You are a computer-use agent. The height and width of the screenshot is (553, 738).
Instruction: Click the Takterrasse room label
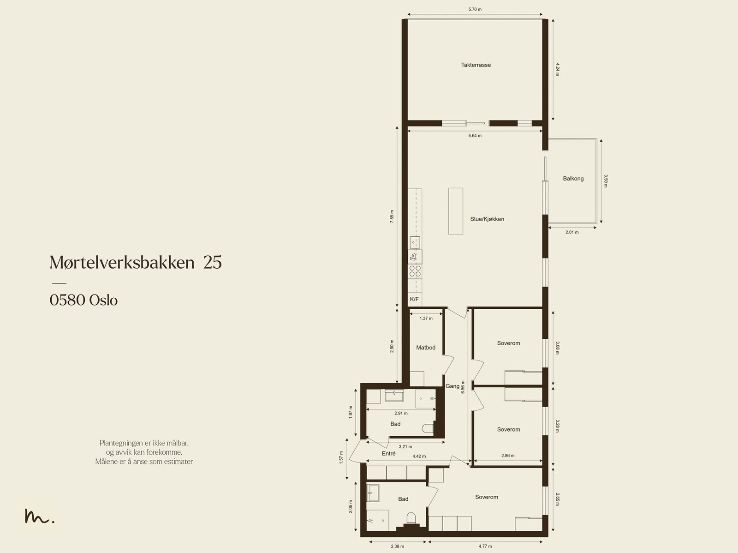pyautogui.click(x=476, y=65)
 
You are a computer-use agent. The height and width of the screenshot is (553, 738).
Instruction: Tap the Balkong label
pyautogui.click(x=573, y=179)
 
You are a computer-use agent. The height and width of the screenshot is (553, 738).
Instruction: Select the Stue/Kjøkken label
pyautogui.click(x=487, y=219)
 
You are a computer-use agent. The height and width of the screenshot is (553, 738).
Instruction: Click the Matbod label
pyautogui.click(x=425, y=348)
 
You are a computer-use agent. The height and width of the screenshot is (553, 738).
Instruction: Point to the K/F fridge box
pyautogui.click(x=414, y=300)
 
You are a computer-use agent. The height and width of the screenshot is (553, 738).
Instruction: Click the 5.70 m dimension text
pyautogui.click(x=475, y=9)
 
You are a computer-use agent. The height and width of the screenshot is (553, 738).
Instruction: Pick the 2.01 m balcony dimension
pyautogui.click(x=571, y=232)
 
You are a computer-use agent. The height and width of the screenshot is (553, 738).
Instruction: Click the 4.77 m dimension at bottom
pyautogui.click(x=485, y=547)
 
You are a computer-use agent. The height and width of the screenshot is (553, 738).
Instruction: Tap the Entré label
pyautogui.click(x=388, y=454)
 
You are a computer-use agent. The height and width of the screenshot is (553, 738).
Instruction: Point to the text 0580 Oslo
pyautogui.click(x=83, y=301)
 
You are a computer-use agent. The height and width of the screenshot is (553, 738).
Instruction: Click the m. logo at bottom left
pyautogui.click(x=39, y=517)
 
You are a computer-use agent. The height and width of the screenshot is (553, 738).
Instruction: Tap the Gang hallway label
pyautogui.click(x=452, y=386)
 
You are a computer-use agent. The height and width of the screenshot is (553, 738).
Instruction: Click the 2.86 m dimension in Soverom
pyautogui.click(x=507, y=456)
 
